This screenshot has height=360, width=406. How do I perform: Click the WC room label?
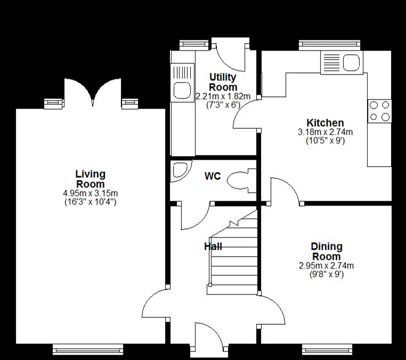pos(213,176)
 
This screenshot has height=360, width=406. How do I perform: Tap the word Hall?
pos(213,247)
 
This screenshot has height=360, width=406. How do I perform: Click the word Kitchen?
pos(325,122)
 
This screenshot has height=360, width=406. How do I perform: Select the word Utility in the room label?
pos(223,77)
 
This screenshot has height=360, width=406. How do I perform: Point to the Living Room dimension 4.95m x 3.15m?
pos(91,193)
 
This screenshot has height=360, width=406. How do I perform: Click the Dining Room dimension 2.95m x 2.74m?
pos(326,266)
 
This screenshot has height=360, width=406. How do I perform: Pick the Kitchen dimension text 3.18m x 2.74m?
pos(325,132)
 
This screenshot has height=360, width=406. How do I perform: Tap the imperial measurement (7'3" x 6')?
pos(223,105)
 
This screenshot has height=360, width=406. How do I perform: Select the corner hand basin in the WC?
pos(180,171)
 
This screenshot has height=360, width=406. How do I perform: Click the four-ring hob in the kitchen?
pos(379,111)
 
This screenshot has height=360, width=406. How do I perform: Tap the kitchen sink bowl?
pos(351,63)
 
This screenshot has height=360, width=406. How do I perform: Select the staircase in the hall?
pos(233,253)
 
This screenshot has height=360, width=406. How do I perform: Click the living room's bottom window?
pos(88,349)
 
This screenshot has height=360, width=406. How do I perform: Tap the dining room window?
pos(327,349)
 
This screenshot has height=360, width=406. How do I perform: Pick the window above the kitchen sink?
pos(329,45)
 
